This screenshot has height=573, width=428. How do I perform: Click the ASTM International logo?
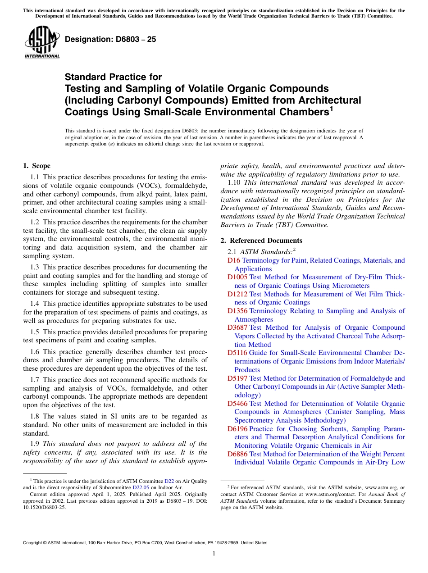click(x=42, y=42)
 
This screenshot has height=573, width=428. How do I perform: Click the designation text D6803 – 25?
click(x=110, y=39)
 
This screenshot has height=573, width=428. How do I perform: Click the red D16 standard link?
click(x=234, y=260)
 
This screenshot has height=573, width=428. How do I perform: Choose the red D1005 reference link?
click(x=237, y=277)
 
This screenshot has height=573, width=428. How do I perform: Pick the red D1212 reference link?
click(x=237, y=294)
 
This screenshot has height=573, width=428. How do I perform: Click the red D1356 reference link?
click(x=237, y=311)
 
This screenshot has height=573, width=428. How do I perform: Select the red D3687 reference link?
click(x=237, y=327)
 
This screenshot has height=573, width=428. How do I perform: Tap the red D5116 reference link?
click(x=237, y=353)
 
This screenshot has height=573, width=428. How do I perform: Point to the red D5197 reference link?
click(x=237, y=378)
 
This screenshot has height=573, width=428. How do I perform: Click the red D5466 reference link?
click(x=237, y=404)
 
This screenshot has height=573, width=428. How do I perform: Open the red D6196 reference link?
click(x=237, y=429)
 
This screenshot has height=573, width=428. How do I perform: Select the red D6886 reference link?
click(x=237, y=454)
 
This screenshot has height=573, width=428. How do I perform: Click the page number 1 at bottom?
click(x=214, y=553)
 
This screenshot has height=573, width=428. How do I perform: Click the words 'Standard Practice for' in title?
click(x=113, y=77)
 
